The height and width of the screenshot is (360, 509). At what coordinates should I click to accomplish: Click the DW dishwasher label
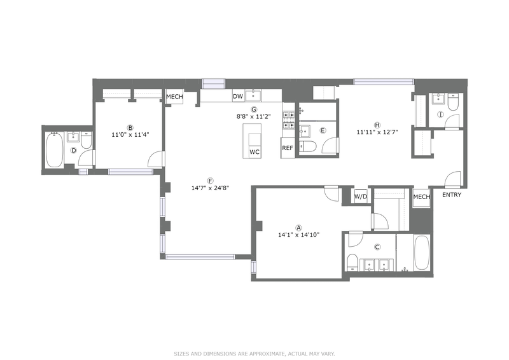(238, 97)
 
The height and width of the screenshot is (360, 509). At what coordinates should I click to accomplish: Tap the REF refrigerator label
(288, 148)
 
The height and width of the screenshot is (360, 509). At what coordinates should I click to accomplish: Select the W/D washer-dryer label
(361, 197)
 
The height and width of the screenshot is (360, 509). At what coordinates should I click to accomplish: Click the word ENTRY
(452, 195)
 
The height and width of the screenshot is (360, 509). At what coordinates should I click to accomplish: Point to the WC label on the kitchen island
(254, 152)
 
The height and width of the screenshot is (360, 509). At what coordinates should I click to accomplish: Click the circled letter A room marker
(299, 228)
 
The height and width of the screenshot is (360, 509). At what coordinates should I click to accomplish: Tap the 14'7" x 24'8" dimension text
(211, 188)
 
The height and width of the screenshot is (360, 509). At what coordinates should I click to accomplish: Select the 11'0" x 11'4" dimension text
(130, 134)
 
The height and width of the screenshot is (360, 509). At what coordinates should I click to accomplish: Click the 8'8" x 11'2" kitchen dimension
(253, 116)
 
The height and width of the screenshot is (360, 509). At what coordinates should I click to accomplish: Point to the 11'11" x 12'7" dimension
(377, 132)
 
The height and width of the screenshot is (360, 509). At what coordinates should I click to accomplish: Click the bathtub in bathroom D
(55, 149)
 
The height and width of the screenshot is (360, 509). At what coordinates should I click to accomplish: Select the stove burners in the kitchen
(289, 120)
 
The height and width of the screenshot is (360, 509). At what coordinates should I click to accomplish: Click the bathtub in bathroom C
(421, 253)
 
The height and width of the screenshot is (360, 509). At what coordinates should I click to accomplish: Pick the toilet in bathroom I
(452, 101)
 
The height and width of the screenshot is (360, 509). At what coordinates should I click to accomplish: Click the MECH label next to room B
(174, 97)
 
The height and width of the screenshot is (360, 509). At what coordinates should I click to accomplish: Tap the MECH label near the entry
(422, 197)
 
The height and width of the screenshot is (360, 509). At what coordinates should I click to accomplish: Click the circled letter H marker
(377, 125)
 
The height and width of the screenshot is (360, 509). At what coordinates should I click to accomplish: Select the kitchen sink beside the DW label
(253, 96)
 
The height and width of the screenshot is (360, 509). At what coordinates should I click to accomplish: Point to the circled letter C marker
(377, 247)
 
